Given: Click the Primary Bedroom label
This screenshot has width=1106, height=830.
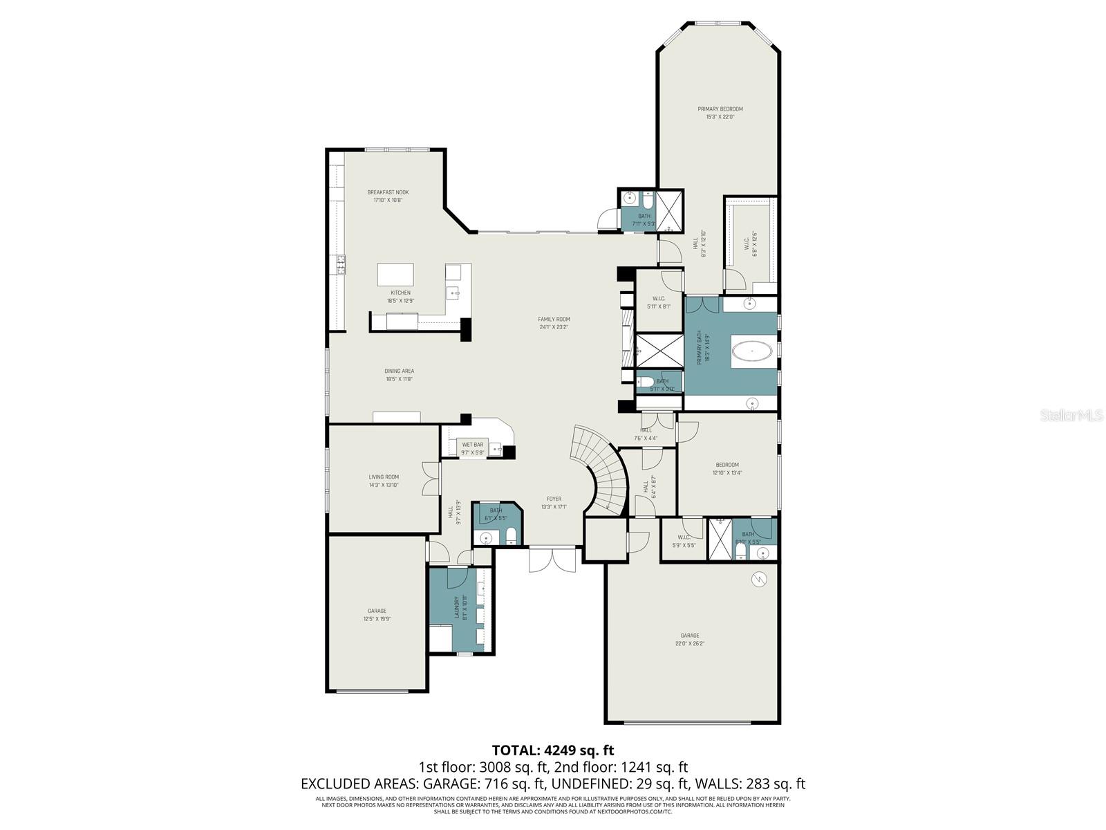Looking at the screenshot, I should click(x=720, y=109).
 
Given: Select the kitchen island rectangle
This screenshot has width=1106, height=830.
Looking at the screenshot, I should click(x=395, y=275).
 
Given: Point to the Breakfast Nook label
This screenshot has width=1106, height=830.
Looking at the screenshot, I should click(x=388, y=192).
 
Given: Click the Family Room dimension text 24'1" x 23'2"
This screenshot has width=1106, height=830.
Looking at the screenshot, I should click(x=554, y=327).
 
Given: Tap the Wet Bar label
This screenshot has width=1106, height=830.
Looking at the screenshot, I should click(x=473, y=445).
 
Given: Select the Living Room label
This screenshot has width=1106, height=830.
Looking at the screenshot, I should click(x=384, y=477).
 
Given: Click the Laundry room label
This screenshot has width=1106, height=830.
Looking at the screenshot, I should click(x=457, y=607).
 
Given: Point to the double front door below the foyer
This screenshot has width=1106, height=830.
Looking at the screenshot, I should click(x=552, y=559).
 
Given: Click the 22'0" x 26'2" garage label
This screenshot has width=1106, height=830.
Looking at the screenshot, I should click(x=690, y=643).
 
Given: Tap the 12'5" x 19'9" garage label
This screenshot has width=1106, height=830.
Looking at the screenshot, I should click(x=377, y=619).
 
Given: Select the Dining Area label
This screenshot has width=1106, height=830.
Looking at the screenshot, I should click(x=400, y=371).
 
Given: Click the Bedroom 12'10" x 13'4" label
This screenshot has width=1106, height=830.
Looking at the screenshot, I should click(x=727, y=465).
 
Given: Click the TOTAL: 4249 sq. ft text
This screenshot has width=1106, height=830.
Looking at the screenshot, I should click(x=553, y=750).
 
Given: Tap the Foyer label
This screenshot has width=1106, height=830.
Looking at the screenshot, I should click(x=554, y=499).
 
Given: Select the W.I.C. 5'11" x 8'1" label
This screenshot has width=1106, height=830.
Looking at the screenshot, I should click(x=659, y=299).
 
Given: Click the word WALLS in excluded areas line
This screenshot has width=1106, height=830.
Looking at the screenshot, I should click(x=716, y=784).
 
